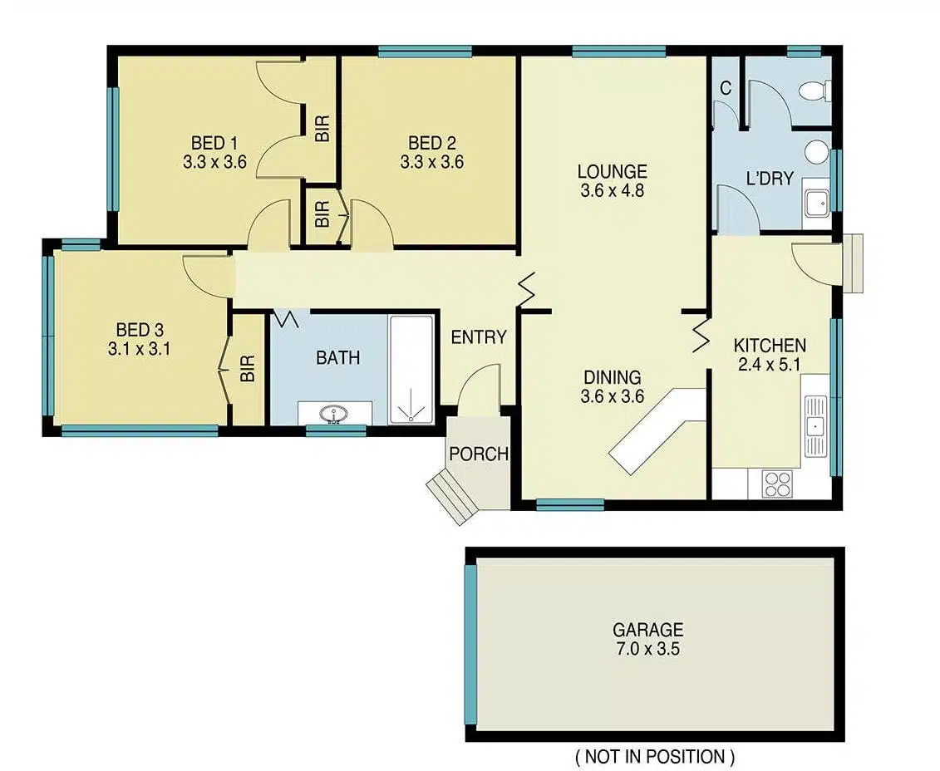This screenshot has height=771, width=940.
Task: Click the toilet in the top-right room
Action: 815,91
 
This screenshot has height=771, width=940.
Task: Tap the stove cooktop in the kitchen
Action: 777,483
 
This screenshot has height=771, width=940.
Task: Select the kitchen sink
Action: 815,426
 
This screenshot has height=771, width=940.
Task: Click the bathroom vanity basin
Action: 334,414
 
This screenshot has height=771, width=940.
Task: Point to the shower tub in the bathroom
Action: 411,370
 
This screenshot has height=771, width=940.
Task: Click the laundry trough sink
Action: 816,202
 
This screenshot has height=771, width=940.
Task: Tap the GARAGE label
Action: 647,630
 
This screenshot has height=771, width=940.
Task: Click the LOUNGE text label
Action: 612,172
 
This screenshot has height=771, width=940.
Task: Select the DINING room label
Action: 612,377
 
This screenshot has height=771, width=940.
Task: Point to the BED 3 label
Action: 140,330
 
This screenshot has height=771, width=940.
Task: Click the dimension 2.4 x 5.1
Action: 769,364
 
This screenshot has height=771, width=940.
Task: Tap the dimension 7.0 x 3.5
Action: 647,649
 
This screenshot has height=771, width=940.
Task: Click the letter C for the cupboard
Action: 726,89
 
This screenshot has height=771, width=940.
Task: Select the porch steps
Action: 454,495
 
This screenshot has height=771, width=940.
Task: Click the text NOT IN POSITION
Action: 654,757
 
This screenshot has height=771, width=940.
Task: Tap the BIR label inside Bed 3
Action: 249,368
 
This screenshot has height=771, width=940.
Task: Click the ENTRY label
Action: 479,337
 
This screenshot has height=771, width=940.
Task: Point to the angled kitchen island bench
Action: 657,430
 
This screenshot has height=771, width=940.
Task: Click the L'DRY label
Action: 770,179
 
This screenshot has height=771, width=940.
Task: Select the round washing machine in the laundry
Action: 816,151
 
